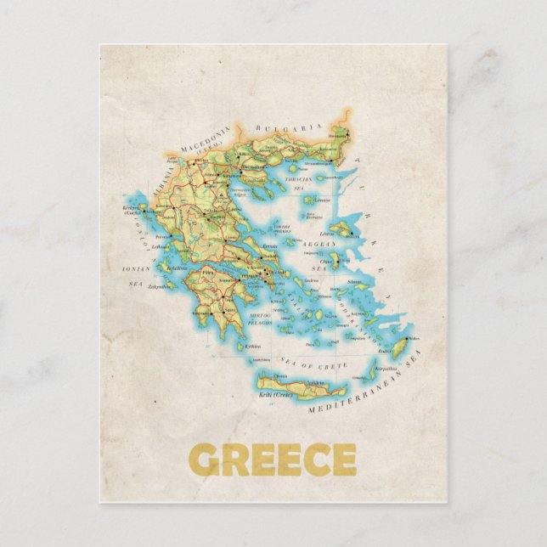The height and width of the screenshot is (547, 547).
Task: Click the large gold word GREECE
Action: pyautogui.click(x=273, y=460)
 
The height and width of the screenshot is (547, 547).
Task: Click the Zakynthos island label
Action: pyautogui.click(x=159, y=286)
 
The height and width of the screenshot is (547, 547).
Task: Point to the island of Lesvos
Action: pyautogui.click(x=341, y=228)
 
